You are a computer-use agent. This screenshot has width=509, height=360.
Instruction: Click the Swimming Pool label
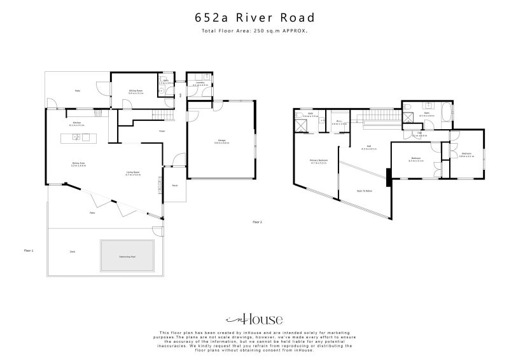point(127,256)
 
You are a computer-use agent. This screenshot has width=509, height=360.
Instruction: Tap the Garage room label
point(221,142)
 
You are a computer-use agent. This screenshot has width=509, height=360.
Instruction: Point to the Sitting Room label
point(136,92)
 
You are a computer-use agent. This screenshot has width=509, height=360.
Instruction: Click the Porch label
point(174,186)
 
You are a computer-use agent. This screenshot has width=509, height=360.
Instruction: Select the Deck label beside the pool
point(73,252)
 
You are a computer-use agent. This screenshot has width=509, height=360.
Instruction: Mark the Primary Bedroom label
point(318,161)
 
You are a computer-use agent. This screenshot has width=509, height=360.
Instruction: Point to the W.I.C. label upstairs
point(339,123)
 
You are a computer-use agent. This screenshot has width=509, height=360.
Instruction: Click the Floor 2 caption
point(257,222)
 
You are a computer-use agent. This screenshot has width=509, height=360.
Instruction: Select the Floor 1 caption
point(28,251)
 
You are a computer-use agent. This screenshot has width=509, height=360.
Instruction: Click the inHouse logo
point(254,319)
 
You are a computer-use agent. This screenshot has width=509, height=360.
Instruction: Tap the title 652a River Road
point(254,19)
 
